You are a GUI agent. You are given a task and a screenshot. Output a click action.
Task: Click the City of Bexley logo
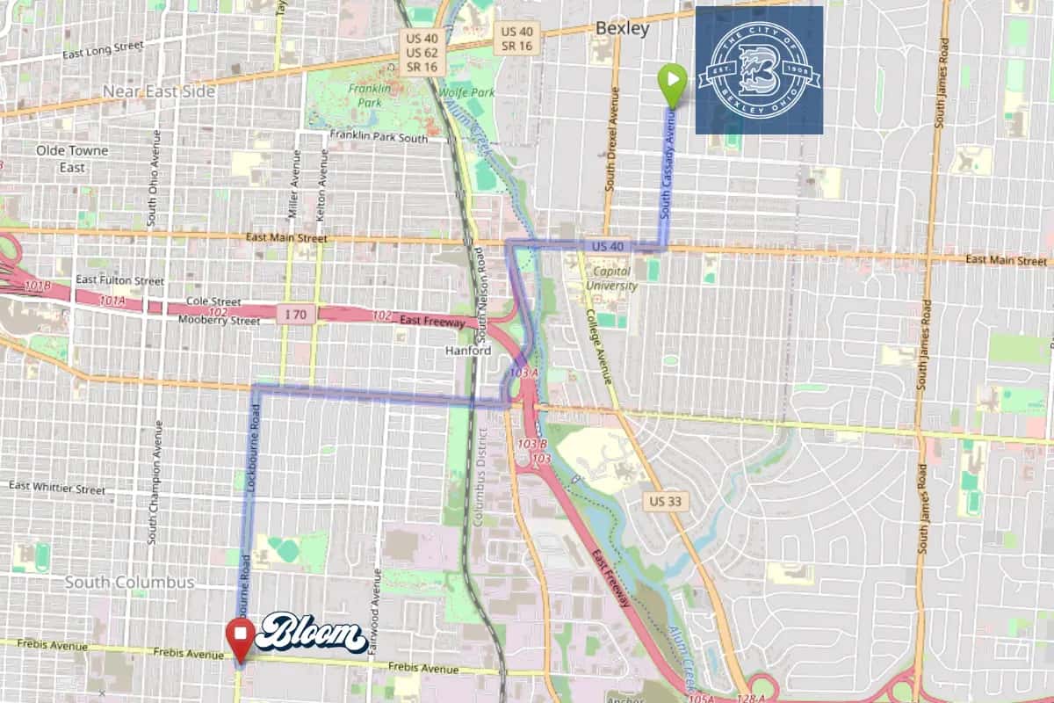coord(759,70)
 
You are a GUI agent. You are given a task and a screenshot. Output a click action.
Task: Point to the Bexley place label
coord(622,28)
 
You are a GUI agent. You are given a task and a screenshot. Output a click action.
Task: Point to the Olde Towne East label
coord(72,158)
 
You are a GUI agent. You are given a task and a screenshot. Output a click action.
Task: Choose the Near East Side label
coord(158,91)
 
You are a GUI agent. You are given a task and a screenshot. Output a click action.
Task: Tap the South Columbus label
coord(129,583)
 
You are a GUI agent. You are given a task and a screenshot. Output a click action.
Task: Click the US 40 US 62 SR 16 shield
coord(420,53)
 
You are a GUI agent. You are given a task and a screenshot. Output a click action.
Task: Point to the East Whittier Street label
coord(57,487)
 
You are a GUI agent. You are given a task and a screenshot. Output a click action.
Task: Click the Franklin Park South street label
coord(378,137)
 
